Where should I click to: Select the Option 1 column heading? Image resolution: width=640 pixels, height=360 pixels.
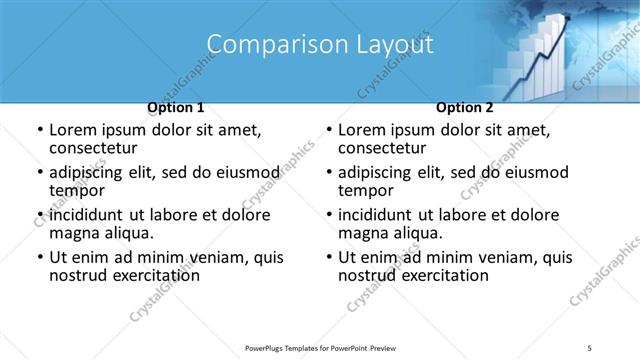(x=176, y=107)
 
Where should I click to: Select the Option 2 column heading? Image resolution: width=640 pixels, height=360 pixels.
(x=465, y=107)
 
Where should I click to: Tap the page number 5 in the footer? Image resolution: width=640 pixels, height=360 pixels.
(x=592, y=348)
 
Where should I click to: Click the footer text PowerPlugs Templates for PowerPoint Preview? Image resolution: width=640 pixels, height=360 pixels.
(x=320, y=348)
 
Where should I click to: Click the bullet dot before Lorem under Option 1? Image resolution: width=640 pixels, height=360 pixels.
(x=39, y=130)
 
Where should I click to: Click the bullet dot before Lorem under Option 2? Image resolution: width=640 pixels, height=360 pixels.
(x=328, y=130)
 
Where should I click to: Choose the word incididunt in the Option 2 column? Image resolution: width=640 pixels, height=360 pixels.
(x=379, y=215)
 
